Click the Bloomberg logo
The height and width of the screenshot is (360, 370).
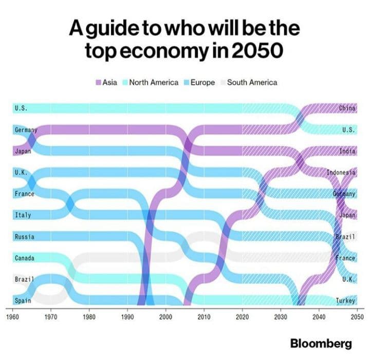321,343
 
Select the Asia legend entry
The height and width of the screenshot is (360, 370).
106,82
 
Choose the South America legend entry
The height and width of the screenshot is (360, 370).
249,82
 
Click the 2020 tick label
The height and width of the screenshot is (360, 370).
242,317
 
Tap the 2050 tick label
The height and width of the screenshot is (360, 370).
357,317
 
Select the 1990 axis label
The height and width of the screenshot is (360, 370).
127,317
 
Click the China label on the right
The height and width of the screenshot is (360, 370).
347,109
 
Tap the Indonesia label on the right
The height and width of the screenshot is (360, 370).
341,173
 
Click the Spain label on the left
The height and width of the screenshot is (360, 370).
23,301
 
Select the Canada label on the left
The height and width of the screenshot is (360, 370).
24,258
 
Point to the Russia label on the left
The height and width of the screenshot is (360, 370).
24,237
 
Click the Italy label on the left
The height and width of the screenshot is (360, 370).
23,215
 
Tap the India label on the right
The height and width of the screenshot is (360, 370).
347,152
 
